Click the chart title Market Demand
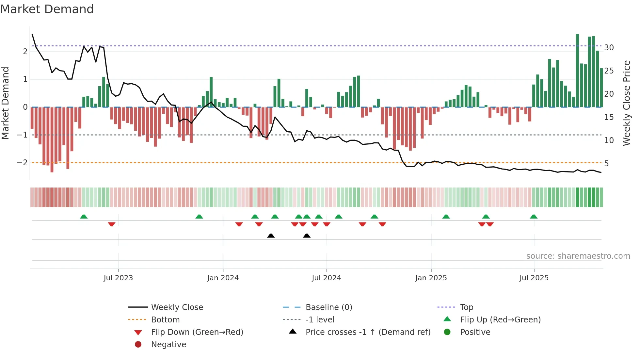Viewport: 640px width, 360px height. (47, 9)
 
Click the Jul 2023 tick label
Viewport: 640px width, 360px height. (118, 278)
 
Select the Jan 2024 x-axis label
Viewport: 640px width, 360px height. (223, 278)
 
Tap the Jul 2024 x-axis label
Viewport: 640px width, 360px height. (326, 278)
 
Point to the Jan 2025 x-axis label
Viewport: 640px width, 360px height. (431, 278)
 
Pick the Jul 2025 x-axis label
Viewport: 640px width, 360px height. (534, 278)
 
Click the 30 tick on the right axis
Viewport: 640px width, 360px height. (609, 48)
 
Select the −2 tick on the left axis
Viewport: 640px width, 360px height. (22, 163)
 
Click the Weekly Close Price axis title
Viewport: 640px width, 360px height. (626, 103)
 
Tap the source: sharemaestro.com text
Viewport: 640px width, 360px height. (578, 256)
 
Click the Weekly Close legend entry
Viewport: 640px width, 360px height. (177, 307)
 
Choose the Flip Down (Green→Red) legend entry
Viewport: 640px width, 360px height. (197, 332)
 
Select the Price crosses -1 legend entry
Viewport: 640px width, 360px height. (368, 332)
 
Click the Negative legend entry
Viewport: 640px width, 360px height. (168, 345)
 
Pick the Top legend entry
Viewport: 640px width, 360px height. (466, 307)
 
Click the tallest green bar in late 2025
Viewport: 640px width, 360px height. (577, 70)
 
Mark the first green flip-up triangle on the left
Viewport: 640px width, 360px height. (84, 217)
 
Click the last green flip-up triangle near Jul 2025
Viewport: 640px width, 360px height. (534, 217)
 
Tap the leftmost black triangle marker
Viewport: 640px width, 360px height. (271, 236)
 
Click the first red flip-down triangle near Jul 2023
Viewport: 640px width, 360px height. (112, 224)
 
